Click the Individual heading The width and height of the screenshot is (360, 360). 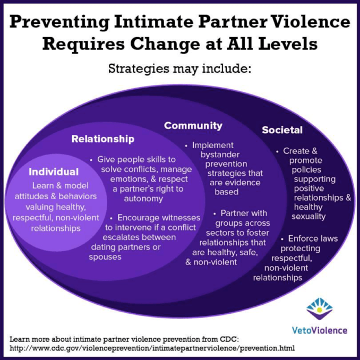point(54,172)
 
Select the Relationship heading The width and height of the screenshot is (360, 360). point(103,139)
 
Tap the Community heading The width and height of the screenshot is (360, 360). point(193,126)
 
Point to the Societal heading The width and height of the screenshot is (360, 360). point(282,130)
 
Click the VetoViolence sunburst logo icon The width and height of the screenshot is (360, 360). point(319,310)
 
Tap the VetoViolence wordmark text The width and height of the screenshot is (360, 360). point(319,330)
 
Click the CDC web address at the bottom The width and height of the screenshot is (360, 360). point(152,348)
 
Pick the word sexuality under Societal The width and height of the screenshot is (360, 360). point(308,217)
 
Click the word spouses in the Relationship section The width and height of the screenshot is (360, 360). point(105,256)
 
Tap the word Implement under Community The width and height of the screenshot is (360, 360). point(212,144)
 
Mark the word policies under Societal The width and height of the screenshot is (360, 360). point(307,170)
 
